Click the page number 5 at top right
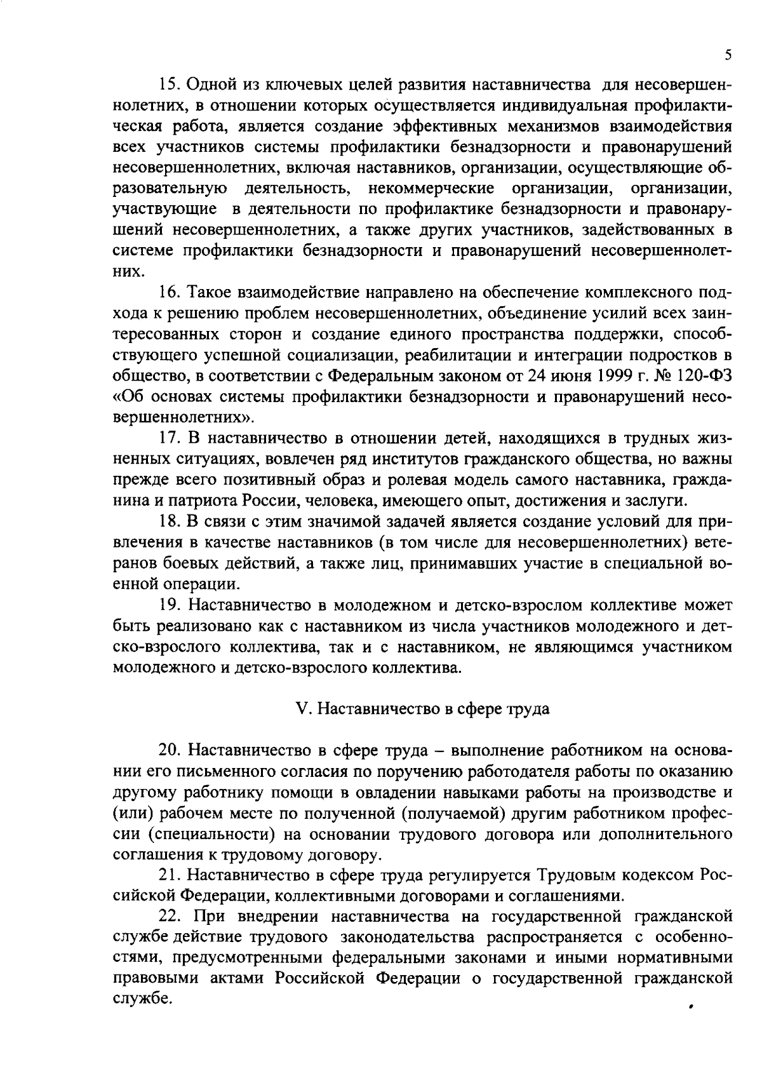click(x=728, y=55)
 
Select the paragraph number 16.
click(x=169, y=293)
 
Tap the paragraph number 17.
click(x=169, y=438)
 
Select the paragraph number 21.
click(x=169, y=875)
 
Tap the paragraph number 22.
click(x=170, y=917)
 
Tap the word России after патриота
click(x=267, y=500)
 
